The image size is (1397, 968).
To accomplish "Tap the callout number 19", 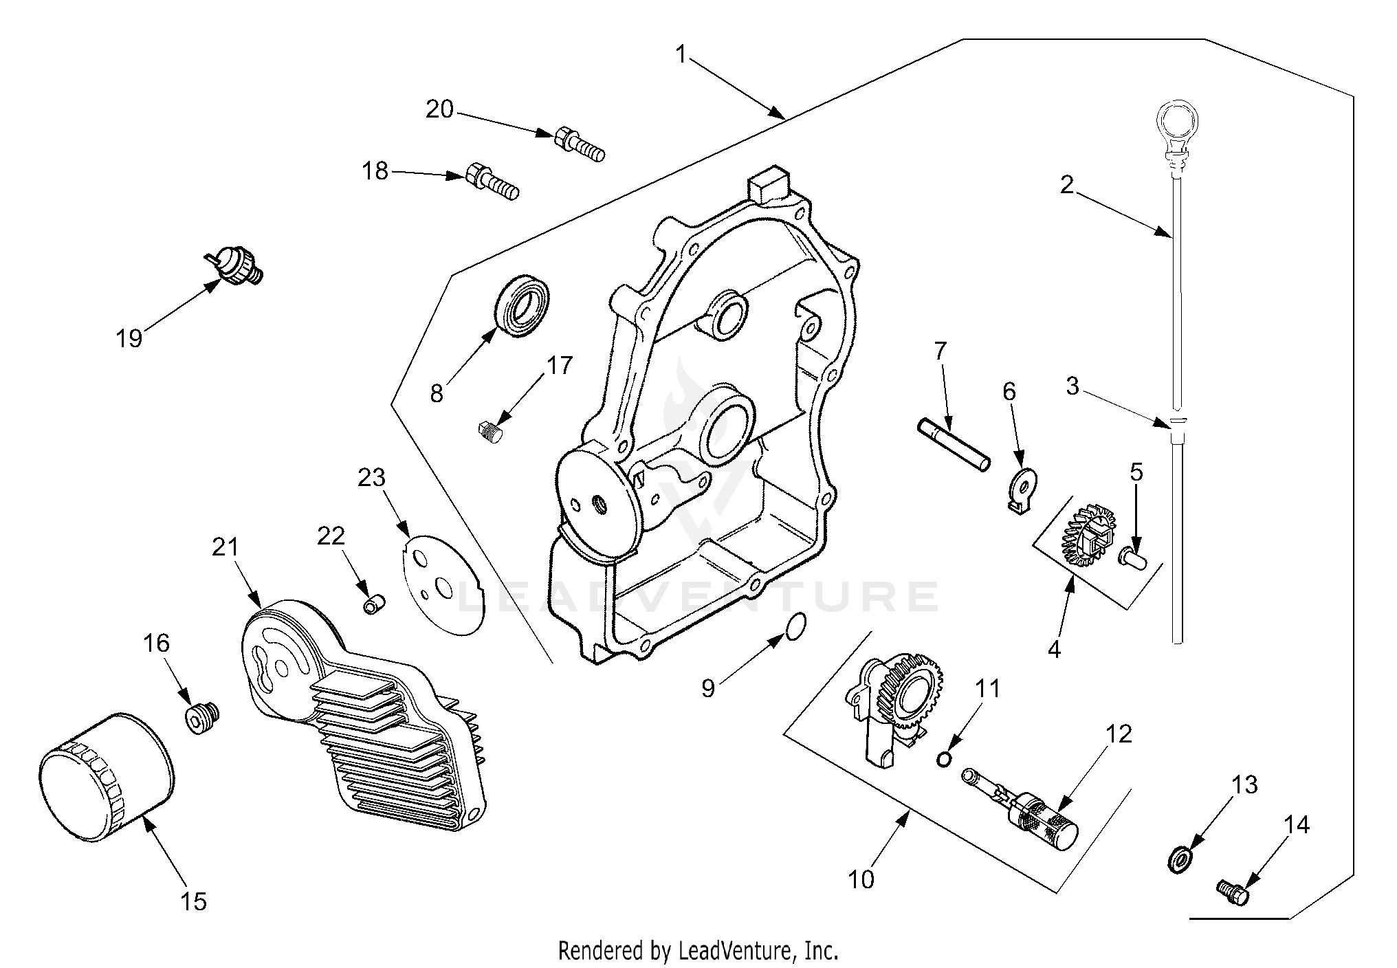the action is point(129,338).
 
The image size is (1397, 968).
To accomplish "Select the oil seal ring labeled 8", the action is point(523,305).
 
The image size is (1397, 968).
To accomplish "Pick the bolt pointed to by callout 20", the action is point(579,144).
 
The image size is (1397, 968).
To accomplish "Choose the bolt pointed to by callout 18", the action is point(492,181).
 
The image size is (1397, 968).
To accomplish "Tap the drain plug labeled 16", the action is point(201,718).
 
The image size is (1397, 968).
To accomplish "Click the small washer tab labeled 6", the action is point(1022,489).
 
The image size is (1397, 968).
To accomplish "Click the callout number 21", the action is point(224,547).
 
